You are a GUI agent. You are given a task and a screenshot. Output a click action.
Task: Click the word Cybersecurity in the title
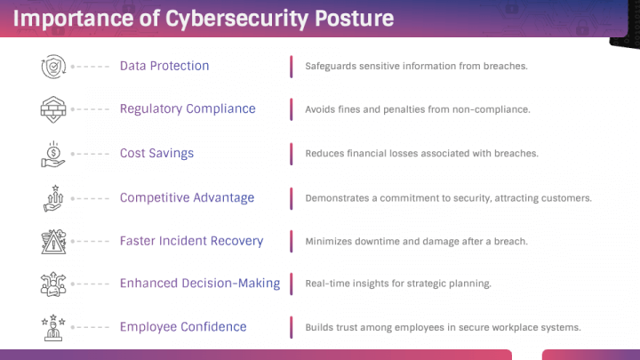pyautogui.click(x=236, y=20)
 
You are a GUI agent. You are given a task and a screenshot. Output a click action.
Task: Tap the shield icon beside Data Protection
pyautogui.click(x=53, y=66)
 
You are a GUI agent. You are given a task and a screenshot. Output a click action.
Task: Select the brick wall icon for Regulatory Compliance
pyautogui.click(x=53, y=109)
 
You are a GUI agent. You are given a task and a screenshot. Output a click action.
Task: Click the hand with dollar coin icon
pyautogui.click(x=53, y=155)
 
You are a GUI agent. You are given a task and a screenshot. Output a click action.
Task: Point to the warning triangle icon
pyautogui.click(x=53, y=242)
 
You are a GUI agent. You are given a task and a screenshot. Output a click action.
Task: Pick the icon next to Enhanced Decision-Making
pyautogui.click(x=53, y=284)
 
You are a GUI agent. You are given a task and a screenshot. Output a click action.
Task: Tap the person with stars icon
pyautogui.click(x=53, y=327)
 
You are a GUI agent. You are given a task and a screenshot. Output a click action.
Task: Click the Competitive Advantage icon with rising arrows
pyautogui.click(x=53, y=198)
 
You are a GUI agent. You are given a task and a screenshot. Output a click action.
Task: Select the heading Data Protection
pyautogui.click(x=164, y=66)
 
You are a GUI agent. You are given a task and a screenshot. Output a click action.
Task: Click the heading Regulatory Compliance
pyautogui.click(x=188, y=109)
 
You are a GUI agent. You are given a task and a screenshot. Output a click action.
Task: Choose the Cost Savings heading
pyautogui.click(x=156, y=153)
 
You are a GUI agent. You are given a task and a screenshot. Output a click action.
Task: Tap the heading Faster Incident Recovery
pyautogui.click(x=191, y=241)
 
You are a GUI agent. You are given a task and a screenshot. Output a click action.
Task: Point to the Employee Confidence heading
pyautogui.click(x=183, y=326)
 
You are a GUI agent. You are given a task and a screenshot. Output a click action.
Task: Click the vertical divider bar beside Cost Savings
pyautogui.click(x=292, y=154)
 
